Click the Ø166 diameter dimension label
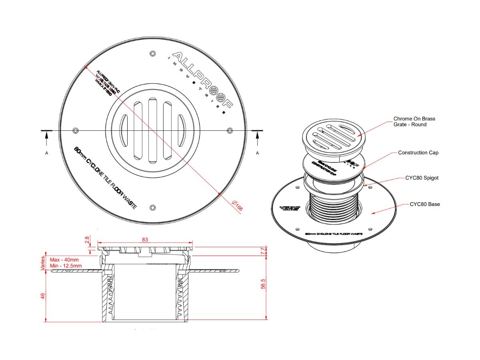pyautogui.click(x=237, y=205)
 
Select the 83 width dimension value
pyautogui.click(x=145, y=239)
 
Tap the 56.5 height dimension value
pyautogui.click(x=263, y=288)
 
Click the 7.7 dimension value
pyautogui.click(x=263, y=251)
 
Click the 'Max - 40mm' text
pyautogui.click(x=64, y=260)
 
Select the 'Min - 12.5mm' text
pyautogui.click(x=66, y=266)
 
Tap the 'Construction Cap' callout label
pyautogui.click(x=418, y=153)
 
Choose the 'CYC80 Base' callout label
pyautogui.click(x=424, y=204)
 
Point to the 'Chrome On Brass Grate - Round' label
pyautogui.click(x=414, y=122)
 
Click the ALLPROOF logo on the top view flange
pyautogui.click(x=202, y=80)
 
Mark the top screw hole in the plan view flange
pyautogui.click(x=152, y=54)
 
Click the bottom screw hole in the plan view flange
pyautogui.click(x=152, y=207)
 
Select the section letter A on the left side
pyautogui.click(x=47, y=153)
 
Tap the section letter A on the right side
pyautogui.click(x=257, y=153)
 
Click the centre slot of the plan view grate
pyautogui.click(x=152, y=130)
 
